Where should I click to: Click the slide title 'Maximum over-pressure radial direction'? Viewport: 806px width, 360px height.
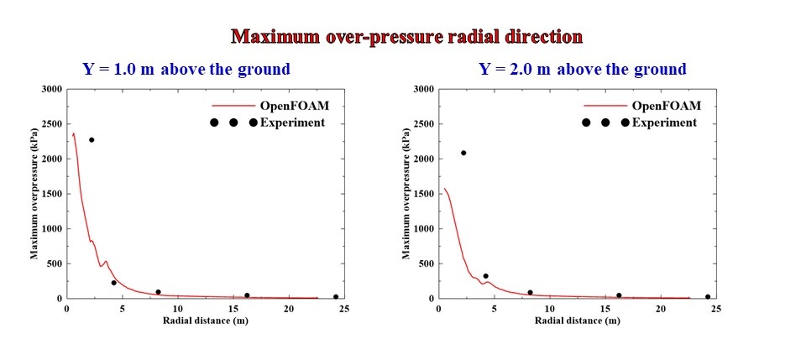tap(406, 37)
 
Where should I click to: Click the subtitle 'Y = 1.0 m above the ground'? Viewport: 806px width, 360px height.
tap(186, 69)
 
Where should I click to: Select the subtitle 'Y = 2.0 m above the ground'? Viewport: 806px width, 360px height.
tap(582, 69)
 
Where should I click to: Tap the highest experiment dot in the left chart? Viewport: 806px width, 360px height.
tap(92, 140)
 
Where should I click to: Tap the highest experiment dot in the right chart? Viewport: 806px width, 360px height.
tap(463, 153)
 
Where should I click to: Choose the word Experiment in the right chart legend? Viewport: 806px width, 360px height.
tap(664, 123)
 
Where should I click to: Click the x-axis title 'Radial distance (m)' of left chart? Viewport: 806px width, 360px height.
tap(198, 321)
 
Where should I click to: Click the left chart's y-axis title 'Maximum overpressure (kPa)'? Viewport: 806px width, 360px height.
tap(34, 194)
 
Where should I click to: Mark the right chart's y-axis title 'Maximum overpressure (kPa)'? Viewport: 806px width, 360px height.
tap(406, 194)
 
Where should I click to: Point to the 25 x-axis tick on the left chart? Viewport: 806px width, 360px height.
tap(344, 309)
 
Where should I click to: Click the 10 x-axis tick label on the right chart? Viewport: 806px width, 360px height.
tap(549, 309)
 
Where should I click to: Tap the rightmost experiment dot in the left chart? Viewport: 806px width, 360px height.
tap(336, 296)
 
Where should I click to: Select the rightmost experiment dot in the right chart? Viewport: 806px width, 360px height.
tap(708, 296)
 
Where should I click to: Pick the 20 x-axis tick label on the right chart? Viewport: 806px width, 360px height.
tap(661, 309)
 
